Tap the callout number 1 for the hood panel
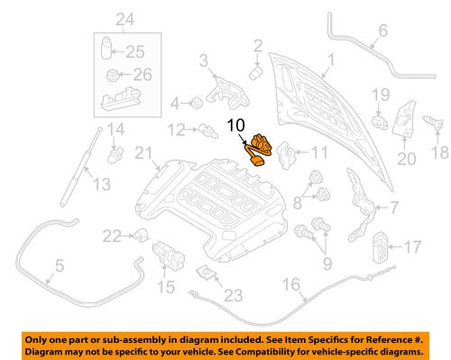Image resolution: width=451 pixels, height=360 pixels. (x=328, y=60)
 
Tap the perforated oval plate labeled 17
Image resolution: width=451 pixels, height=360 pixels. (x=382, y=246)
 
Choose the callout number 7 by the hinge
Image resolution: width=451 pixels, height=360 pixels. (x=392, y=208)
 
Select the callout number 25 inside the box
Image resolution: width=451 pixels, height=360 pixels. (x=140, y=51)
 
